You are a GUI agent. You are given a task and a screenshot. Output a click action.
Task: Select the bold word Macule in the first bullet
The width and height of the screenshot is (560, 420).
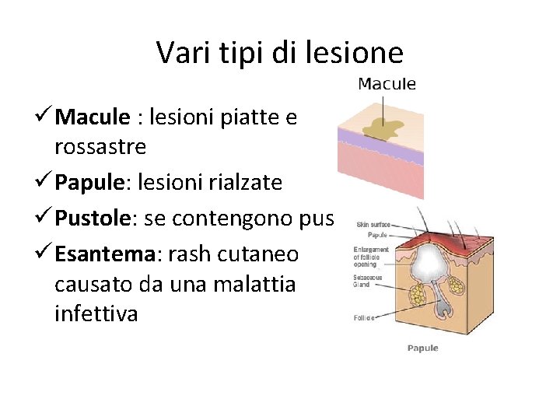click(93, 117)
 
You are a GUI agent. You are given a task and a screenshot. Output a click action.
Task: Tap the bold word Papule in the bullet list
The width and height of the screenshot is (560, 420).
click(90, 183)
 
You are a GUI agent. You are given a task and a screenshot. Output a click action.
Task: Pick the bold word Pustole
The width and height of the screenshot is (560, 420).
click(94, 219)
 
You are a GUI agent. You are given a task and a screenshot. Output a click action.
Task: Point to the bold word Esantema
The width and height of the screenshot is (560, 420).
click(104, 255)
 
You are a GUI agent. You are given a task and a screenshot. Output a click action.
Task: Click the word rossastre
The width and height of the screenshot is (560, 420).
click(100, 146)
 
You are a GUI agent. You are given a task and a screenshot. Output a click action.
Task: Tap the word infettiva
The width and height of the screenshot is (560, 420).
click(96, 313)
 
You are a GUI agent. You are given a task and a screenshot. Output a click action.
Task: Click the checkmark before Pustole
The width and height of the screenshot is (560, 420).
click(43, 219)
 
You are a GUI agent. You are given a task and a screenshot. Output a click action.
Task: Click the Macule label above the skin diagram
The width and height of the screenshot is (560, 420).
click(387, 84)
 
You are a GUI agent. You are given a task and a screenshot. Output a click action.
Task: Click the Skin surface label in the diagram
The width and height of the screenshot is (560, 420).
click(373, 225)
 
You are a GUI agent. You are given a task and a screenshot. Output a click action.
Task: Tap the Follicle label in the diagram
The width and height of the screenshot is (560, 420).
click(364, 318)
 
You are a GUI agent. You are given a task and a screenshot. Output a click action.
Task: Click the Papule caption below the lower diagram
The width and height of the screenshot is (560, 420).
click(423, 348)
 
